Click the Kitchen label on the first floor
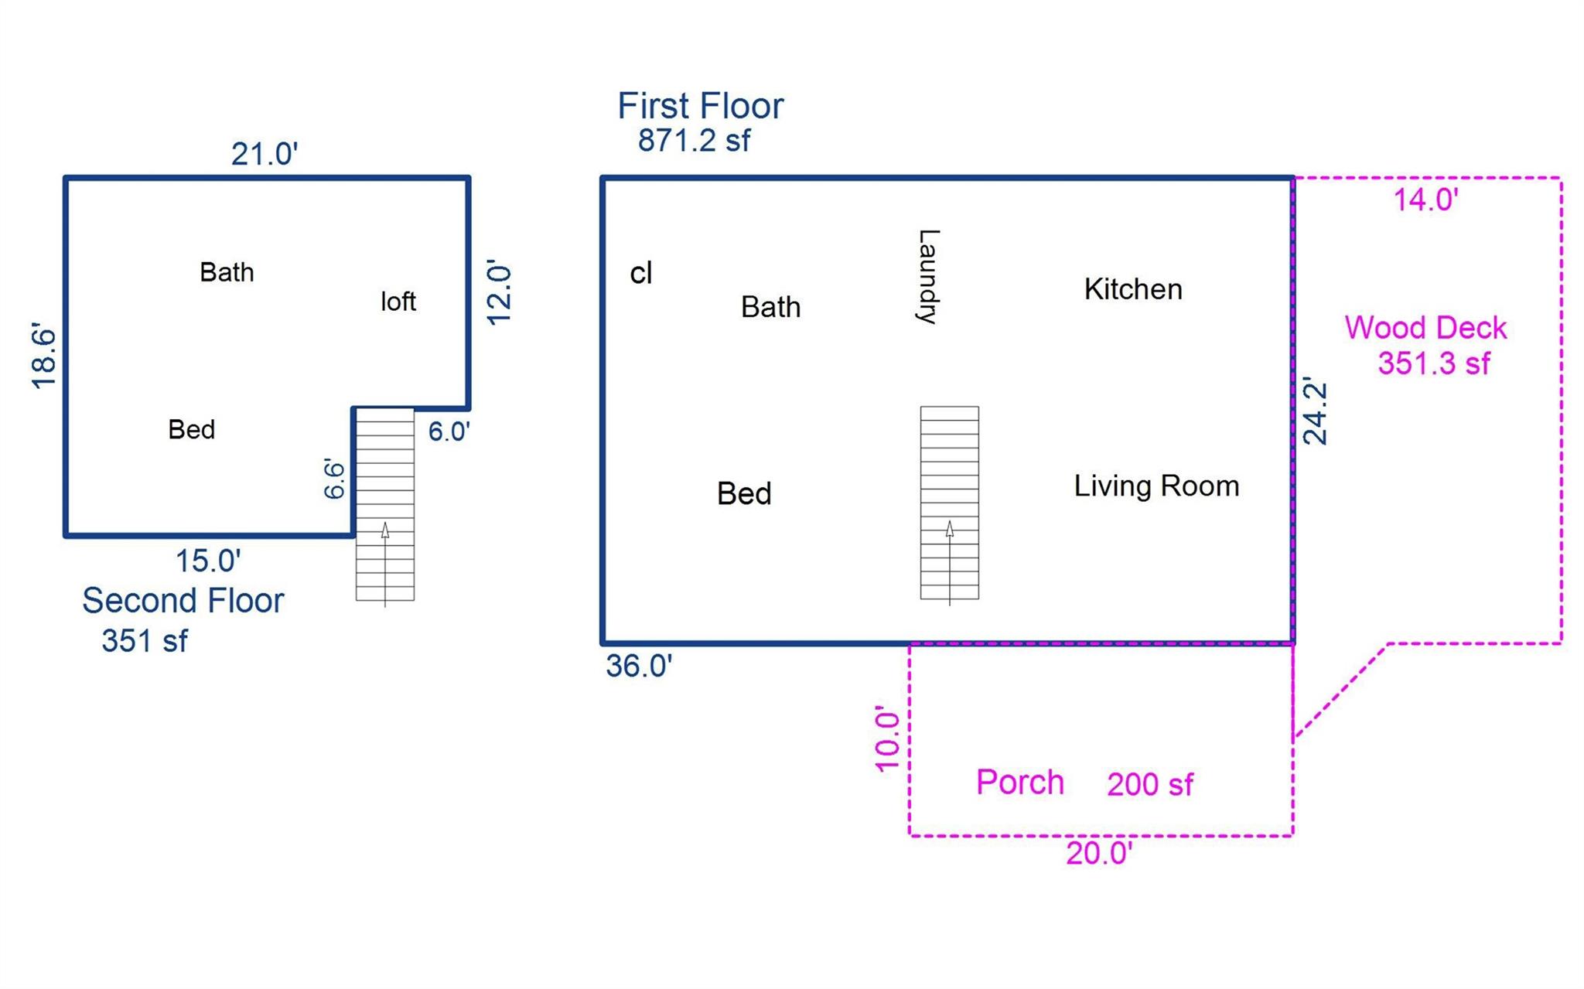pyautogui.click(x=1133, y=289)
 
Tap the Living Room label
pyautogui.click(x=1156, y=486)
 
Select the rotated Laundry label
pyautogui.click(x=927, y=277)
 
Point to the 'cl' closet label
pyautogui.click(x=641, y=273)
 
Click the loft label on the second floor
pyautogui.click(x=398, y=301)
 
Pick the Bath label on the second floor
pyautogui.click(x=227, y=272)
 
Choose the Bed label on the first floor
pyautogui.click(x=744, y=493)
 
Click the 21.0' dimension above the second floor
pyautogui.click(x=265, y=154)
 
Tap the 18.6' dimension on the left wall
pyautogui.click(x=44, y=357)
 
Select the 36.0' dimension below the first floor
pyautogui.click(x=639, y=666)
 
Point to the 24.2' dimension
pyautogui.click(x=1315, y=411)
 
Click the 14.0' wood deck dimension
pyautogui.click(x=1425, y=200)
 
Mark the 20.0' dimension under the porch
pyautogui.click(x=1099, y=854)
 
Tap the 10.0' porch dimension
pyautogui.click(x=887, y=738)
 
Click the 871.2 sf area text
pyautogui.click(x=694, y=141)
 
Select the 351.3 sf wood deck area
pyautogui.click(x=1433, y=363)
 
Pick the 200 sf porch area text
pyautogui.click(x=1150, y=785)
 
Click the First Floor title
pyautogui.click(x=701, y=106)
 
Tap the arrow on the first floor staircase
pyautogui.click(x=950, y=563)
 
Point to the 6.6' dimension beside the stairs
pyautogui.click(x=333, y=479)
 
